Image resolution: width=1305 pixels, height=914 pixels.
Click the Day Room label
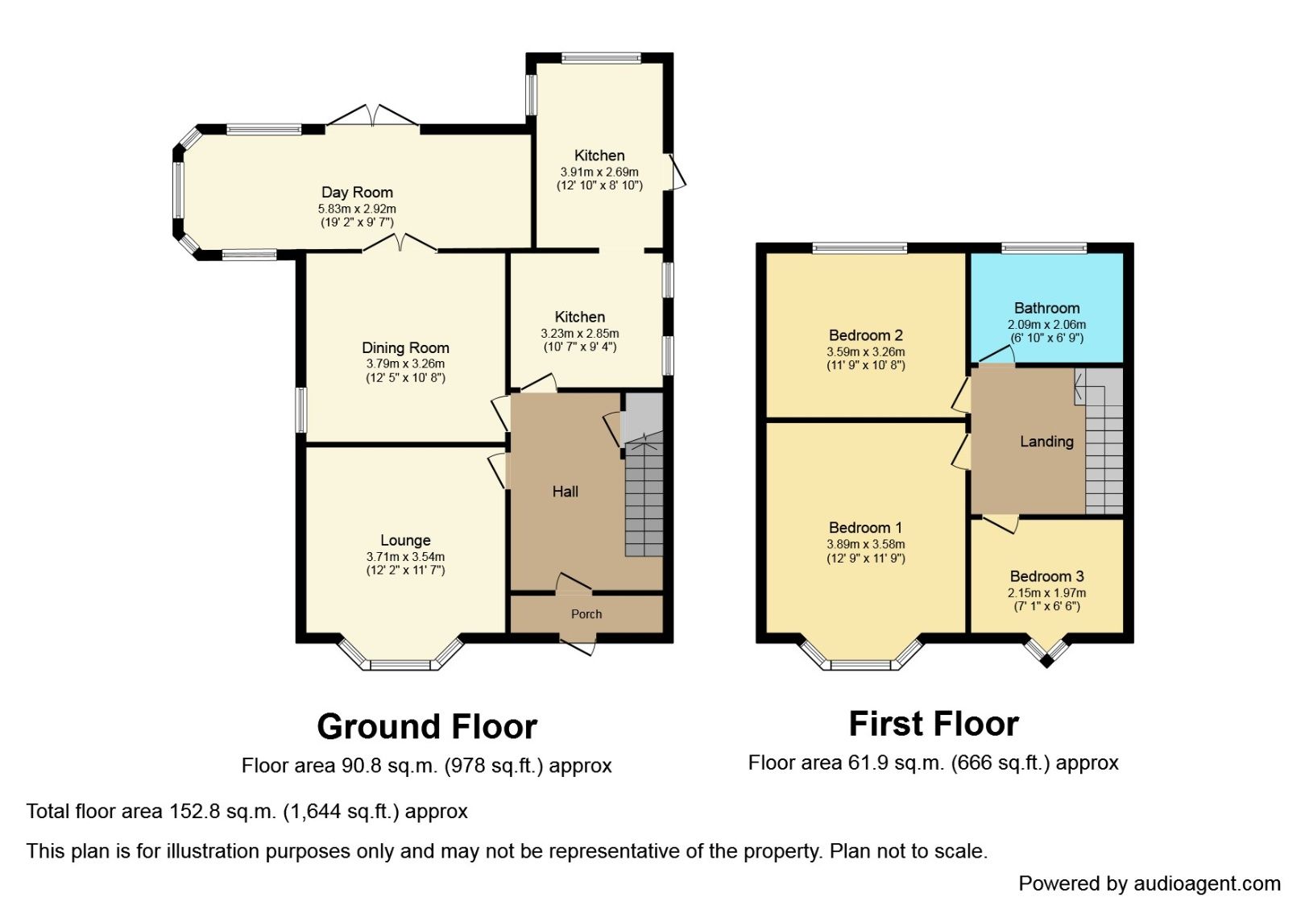tap(357, 192)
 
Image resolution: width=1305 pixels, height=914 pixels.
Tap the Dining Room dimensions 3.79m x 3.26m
tap(405, 364)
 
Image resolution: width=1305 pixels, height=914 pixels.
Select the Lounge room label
tap(405, 540)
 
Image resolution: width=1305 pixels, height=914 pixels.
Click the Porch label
tap(586, 614)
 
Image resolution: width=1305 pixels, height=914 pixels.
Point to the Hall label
tap(565, 492)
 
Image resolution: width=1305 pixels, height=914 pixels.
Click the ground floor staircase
tap(644, 500)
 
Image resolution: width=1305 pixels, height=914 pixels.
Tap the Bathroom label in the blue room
tap(1046, 308)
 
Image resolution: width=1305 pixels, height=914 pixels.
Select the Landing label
tap(1046, 441)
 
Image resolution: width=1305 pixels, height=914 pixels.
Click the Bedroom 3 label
tap(1046, 576)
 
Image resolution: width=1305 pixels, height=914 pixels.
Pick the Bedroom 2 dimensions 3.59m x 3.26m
tap(865, 351)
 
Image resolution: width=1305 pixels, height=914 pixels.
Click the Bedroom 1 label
tap(865, 528)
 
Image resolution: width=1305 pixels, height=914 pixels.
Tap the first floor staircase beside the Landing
tap(1104, 451)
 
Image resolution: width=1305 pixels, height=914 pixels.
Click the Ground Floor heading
tap(427, 726)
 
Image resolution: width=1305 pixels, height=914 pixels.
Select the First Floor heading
tap(934, 724)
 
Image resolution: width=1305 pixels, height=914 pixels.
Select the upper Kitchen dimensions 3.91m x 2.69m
tap(599, 172)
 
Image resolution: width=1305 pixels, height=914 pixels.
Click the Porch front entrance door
tap(578, 646)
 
